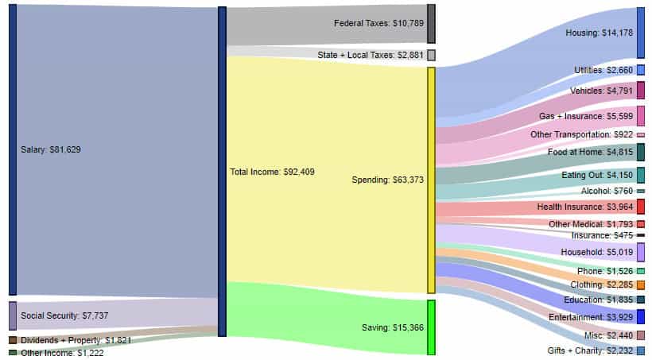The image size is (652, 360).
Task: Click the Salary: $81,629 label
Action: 50,149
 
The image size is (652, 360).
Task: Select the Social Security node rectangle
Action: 12,315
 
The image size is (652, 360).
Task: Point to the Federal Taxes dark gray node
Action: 431,24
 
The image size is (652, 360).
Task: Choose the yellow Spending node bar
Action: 431,180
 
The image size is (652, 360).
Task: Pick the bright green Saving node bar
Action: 431,327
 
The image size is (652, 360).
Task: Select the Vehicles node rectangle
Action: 640,90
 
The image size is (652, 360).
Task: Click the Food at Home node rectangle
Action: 640,152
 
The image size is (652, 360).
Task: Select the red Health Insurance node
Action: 640,207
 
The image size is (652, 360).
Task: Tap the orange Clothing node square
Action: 640,285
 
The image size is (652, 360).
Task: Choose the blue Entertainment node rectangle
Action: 640,317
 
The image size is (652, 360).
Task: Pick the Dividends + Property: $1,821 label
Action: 76,340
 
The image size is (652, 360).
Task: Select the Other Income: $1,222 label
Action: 63,353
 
